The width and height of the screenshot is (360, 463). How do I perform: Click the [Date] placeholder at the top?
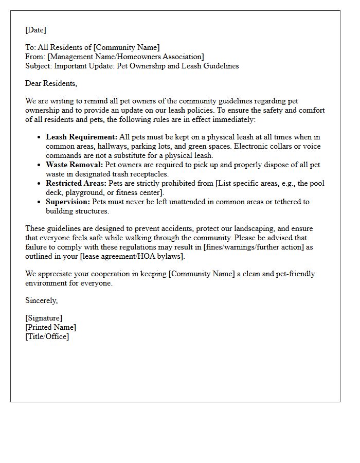coord(35,30)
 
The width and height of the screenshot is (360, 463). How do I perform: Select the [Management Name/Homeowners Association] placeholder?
coord(125,57)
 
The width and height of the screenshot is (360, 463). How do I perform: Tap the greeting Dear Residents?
coord(51,83)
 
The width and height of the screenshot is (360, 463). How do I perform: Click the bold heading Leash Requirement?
coord(81,137)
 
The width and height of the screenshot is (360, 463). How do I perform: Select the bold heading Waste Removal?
coord(74,165)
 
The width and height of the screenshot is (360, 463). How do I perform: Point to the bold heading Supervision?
coord(68,202)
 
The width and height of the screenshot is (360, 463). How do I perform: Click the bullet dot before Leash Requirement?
coord(39,137)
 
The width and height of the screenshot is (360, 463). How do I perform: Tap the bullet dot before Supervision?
coord(39,202)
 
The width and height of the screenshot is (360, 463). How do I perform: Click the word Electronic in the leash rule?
coord(251,146)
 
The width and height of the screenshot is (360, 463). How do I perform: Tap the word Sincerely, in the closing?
coord(42,300)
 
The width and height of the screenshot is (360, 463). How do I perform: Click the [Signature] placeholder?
coord(44,318)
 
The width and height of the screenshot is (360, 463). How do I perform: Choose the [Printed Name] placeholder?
coord(50,327)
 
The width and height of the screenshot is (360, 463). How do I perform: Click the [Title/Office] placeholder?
coord(47,336)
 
